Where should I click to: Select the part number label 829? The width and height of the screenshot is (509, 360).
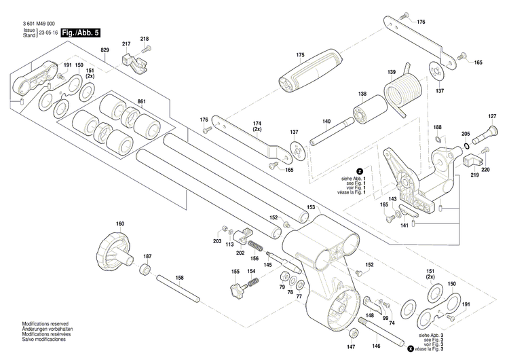point(105,51)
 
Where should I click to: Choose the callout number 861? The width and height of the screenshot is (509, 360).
point(141,101)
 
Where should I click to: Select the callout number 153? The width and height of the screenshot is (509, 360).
point(311,206)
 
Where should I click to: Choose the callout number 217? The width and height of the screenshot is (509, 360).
point(126,44)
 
